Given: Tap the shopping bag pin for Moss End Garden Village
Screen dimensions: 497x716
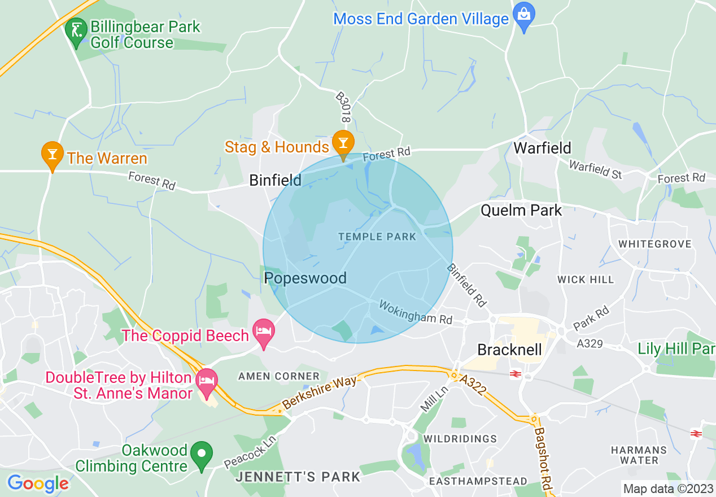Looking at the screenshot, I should (523, 15).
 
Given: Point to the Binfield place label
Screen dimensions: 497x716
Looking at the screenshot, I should (276, 180).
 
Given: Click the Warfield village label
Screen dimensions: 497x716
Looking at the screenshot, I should (542, 148).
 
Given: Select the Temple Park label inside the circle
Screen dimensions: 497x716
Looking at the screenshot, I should (377, 237).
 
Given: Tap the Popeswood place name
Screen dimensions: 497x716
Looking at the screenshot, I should (305, 278).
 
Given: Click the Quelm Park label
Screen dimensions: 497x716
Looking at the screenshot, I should (521, 211).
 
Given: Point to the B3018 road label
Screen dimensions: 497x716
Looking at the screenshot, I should (344, 108).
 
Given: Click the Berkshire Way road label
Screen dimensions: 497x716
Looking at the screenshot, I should (320, 392).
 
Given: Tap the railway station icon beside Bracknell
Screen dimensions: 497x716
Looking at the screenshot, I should (515, 373).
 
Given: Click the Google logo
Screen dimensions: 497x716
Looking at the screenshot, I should (38, 483).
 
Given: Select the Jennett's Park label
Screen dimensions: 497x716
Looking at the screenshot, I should (298, 477).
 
